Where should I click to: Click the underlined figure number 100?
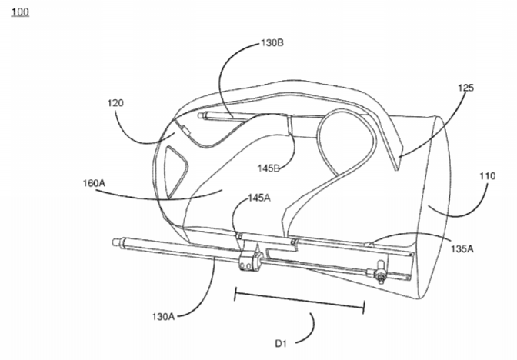(x=20, y=12)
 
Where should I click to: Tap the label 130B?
(x=272, y=43)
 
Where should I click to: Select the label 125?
(x=465, y=88)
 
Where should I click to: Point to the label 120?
(x=115, y=103)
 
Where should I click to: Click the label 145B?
(x=269, y=168)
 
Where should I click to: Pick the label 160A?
(x=94, y=183)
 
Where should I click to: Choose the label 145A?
(x=259, y=198)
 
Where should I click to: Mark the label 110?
(x=487, y=176)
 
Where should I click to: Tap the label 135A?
(x=462, y=249)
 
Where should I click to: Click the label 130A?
(x=163, y=316)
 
